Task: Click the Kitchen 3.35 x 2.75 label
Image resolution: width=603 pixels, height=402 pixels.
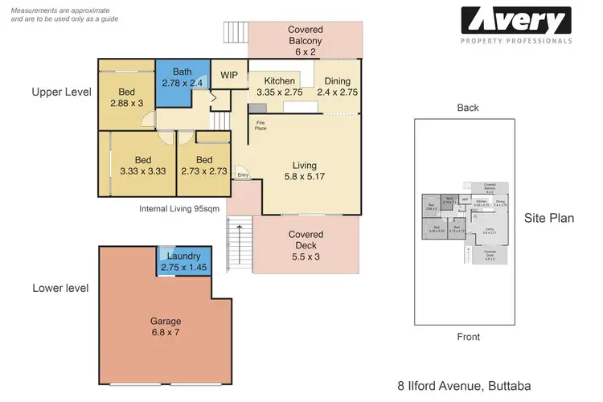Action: tap(273, 86)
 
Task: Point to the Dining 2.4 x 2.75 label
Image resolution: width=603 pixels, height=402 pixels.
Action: tap(336, 86)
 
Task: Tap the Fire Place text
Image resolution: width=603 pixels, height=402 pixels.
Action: tap(260, 126)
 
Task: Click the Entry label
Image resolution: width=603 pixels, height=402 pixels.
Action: tap(243, 176)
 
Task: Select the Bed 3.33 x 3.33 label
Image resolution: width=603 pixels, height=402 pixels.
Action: tap(143, 165)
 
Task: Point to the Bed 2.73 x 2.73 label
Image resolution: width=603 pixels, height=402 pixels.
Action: tap(204, 165)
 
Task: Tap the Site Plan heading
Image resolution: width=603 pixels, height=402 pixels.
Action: tap(548, 218)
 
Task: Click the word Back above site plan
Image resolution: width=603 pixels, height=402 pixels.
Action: tap(467, 108)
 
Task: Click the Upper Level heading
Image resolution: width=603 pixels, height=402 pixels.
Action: tap(61, 92)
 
